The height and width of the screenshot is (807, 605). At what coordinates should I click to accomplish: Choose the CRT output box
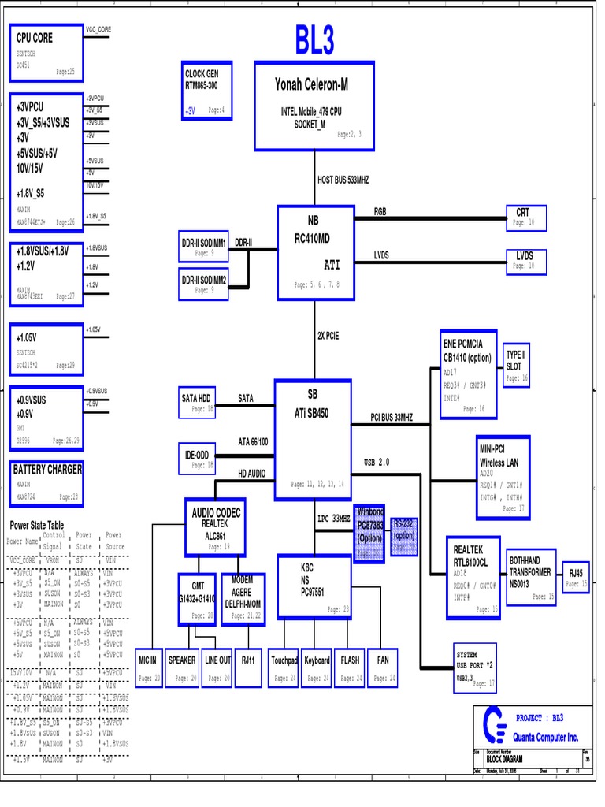pos(525,218)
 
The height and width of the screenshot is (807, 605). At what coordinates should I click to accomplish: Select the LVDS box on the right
pos(525,261)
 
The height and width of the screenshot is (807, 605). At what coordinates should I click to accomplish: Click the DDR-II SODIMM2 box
pos(204,284)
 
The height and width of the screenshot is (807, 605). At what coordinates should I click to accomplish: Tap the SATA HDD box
pos(198,403)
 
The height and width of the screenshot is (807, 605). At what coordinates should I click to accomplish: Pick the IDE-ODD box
pos(198,460)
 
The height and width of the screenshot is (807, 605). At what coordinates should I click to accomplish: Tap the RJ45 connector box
pos(575,578)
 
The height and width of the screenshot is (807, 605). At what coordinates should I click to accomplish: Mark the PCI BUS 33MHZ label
pos(402,417)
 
